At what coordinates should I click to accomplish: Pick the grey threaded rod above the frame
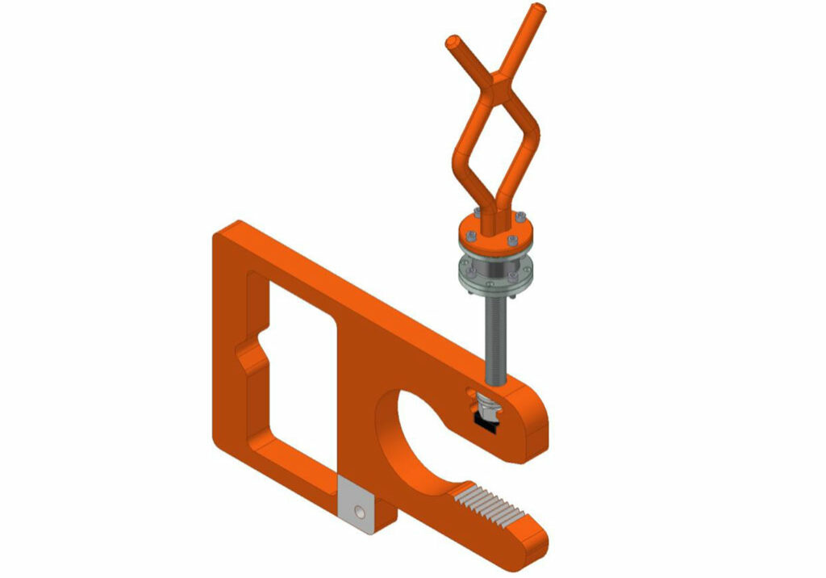[493, 331]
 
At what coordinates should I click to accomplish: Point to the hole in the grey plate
[361, 511]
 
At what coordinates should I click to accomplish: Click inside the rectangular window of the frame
[298, 379]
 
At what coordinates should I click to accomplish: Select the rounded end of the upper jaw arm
[536, 420]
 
